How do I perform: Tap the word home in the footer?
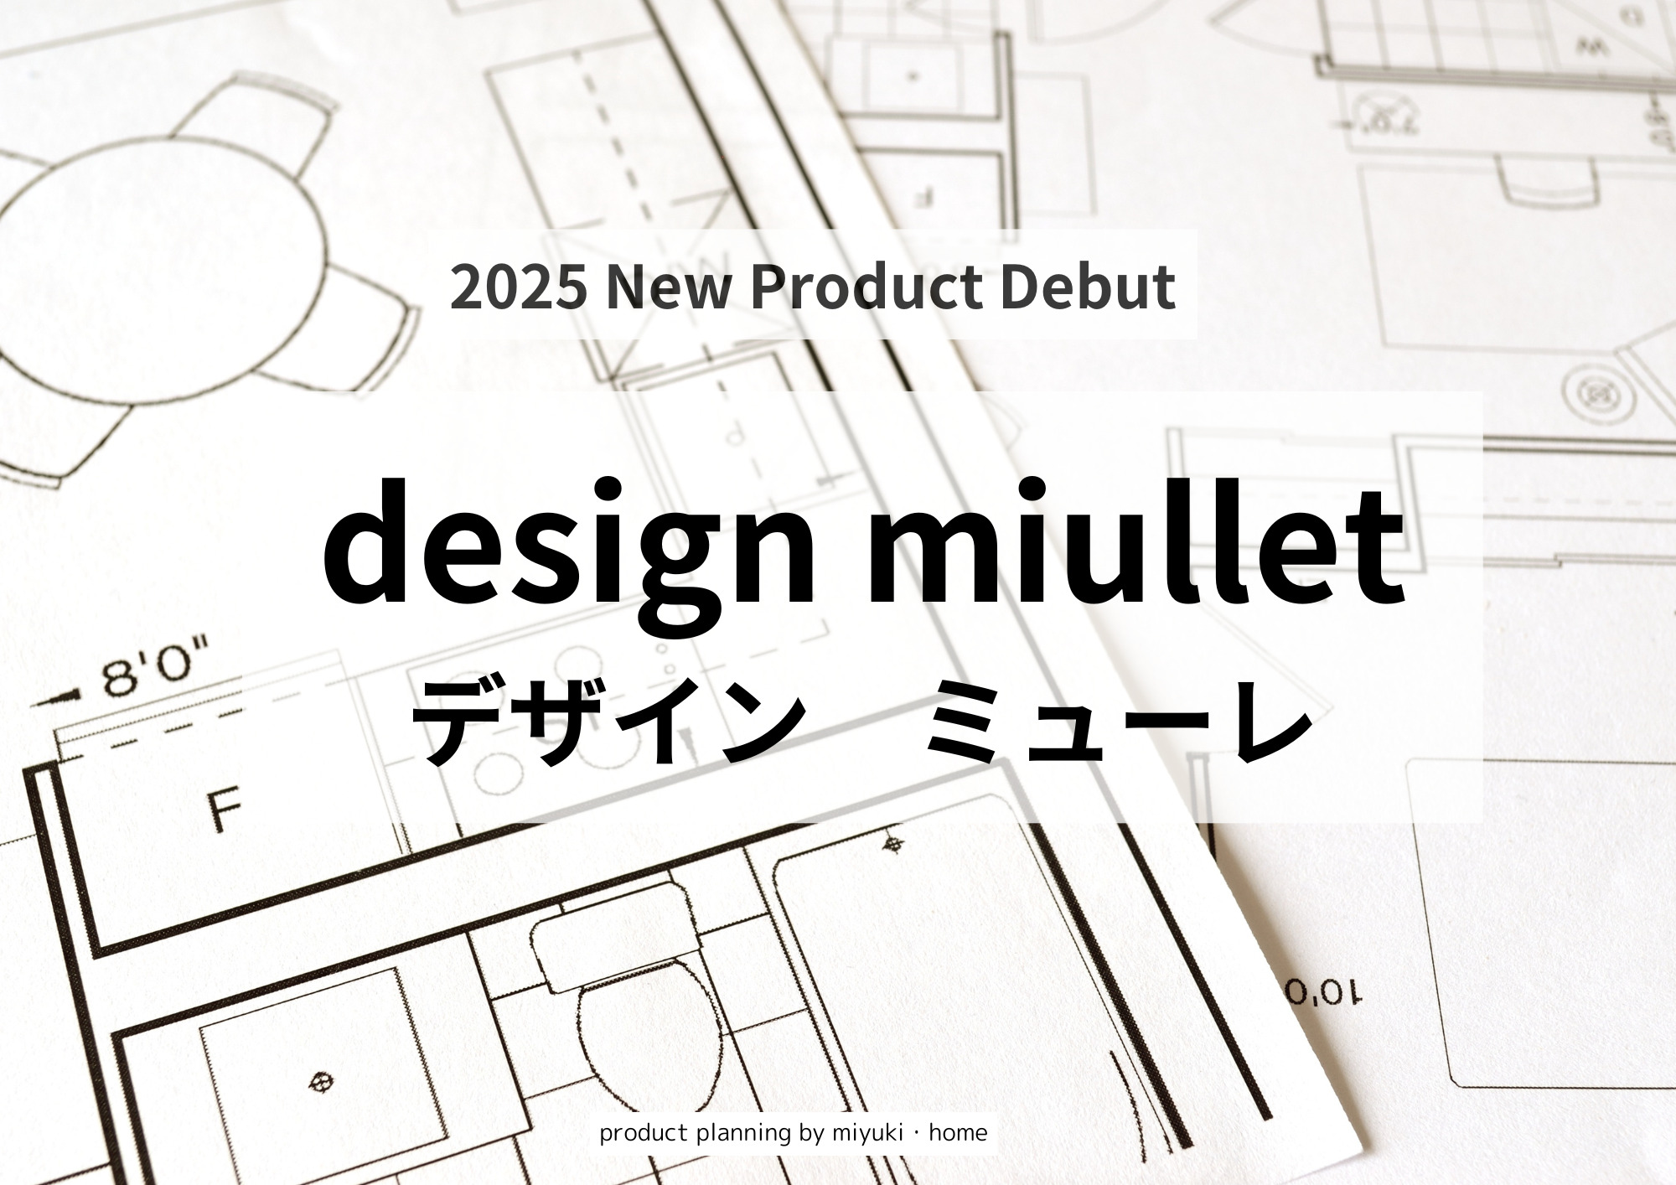(958, 1133)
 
